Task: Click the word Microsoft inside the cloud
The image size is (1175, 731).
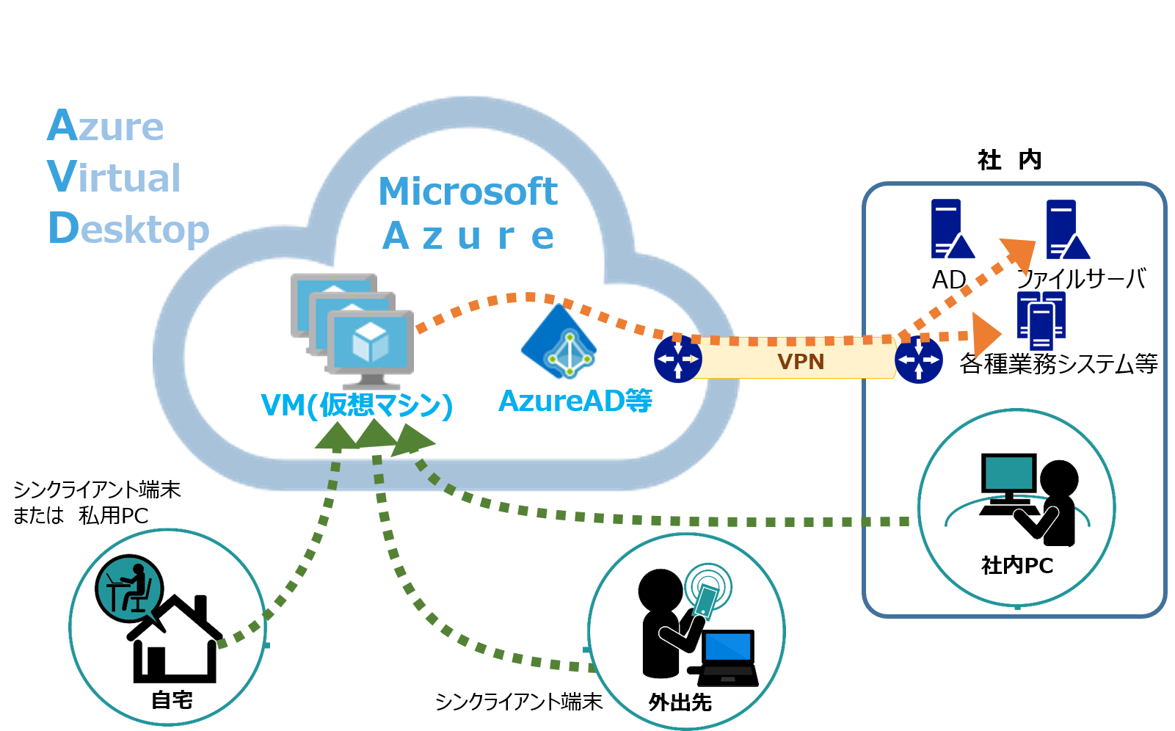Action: click(468, 192)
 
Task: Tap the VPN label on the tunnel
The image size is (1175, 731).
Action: click(801, 362)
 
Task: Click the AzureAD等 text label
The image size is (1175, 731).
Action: click(575, 401)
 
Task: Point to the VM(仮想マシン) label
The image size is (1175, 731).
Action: click(357, 404)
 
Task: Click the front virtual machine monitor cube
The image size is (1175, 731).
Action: click(370, 342)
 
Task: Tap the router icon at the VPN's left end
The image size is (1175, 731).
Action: click(677, 360)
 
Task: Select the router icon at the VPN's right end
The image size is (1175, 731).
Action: click(919, 360)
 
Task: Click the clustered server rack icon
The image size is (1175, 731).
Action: click(1041, 320)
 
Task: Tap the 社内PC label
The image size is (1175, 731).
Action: click(1017, 565)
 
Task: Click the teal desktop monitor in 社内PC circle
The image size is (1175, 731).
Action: click(1009, 474)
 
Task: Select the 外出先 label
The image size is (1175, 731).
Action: click(680, 702)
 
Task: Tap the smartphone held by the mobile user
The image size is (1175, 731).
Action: click(706, 599)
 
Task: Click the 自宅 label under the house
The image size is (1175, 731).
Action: click(172, 700)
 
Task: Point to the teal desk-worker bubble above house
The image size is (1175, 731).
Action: click(128, 588)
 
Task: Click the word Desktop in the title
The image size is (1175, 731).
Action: click(129, 229)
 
